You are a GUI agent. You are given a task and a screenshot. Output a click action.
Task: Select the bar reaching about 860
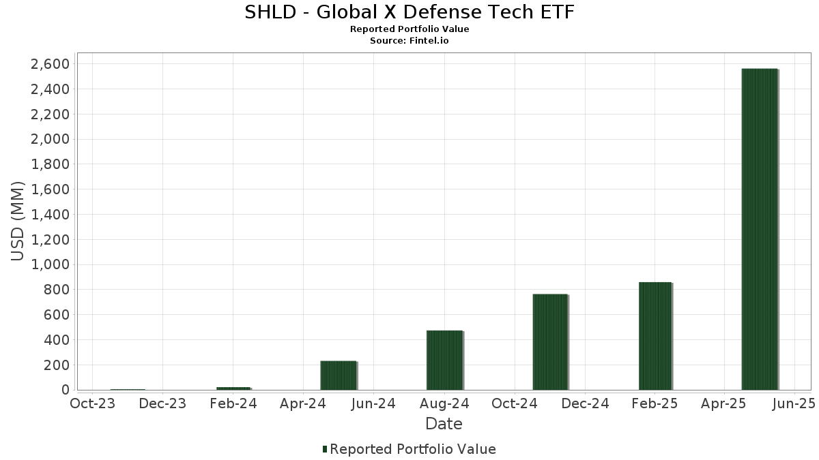(655, 336)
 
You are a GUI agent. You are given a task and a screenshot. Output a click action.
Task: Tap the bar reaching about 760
(550, 342)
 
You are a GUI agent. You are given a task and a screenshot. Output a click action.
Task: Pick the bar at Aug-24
(444, 360)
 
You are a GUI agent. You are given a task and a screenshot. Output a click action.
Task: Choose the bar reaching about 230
(339, 375)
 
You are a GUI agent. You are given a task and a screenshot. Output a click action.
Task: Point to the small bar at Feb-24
(233, 388)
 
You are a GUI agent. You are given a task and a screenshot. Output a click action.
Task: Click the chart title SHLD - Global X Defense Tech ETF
(409, 12)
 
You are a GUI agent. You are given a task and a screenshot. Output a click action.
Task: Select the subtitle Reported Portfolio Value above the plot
(409, 29)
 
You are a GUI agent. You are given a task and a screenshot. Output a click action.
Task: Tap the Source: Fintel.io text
(409, 41)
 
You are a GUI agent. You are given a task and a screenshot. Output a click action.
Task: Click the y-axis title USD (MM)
(18, 221)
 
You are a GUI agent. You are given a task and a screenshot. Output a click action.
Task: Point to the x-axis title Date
(444, 424)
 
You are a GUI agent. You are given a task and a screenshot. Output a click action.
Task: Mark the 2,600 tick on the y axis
(51, 64)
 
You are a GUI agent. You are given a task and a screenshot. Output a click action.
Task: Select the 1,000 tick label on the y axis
(51, 264)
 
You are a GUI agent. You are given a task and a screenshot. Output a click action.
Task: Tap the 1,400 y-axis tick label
(51, 215)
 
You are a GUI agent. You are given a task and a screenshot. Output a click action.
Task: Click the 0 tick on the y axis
(66, 390)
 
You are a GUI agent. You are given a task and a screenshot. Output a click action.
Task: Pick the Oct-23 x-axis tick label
(92, 404)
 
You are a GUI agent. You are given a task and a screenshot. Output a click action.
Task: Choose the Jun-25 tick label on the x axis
(794, 404)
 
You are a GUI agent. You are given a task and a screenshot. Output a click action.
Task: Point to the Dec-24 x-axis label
(585, 404)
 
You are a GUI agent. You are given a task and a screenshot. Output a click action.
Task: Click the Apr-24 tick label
(303, 404)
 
